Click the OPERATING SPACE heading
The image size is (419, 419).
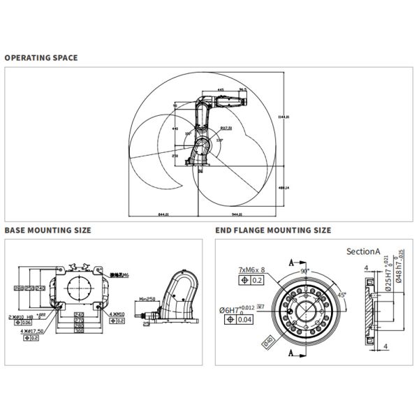coord(41,57)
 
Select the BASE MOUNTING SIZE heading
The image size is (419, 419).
coord(47,230)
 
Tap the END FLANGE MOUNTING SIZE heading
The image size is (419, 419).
coord(272,230)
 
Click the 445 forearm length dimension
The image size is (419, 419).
coord(221,90)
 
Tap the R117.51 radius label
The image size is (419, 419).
coord(226,128)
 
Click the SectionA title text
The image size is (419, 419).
coord(362,251)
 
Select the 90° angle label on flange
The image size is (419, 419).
coord(304,270)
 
